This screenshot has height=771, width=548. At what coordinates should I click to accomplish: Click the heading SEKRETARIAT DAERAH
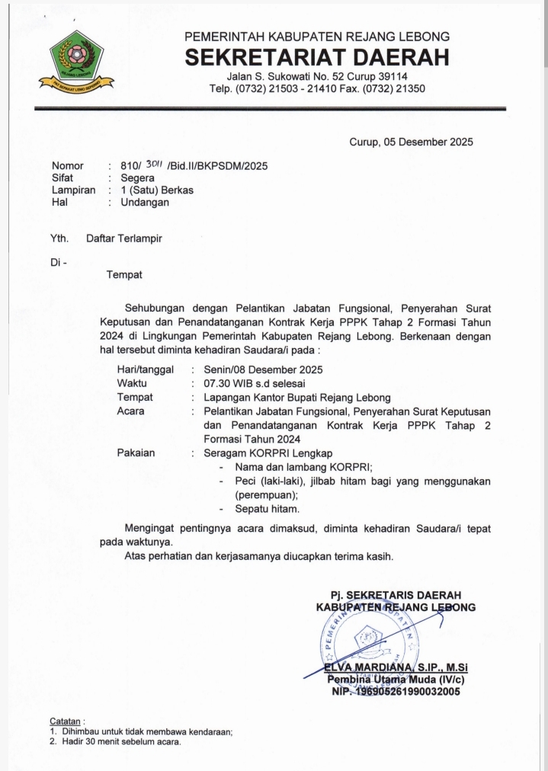click(317, 57)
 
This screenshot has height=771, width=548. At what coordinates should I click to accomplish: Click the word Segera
click(127, 178)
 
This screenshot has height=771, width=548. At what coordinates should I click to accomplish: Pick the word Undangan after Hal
click(139, 203)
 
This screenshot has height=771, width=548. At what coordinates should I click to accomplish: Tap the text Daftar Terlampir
click(124, 238)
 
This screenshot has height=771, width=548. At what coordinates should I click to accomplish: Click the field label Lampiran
click(73, 190)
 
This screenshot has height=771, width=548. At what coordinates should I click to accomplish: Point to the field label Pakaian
click(136, 453)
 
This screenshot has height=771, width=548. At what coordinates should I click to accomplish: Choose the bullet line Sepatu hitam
click(268, 508)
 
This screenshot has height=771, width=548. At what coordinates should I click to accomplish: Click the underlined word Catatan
click(66, 721)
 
